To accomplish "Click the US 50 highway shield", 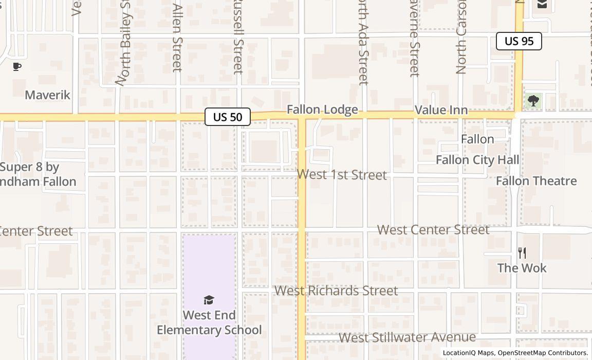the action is coord(227,117).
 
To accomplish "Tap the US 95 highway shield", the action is coord(519,41).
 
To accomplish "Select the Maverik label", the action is coord(47,95).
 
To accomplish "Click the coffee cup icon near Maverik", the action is coord(17,66).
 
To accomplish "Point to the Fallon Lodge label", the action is coord(322,110).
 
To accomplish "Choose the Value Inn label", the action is coord(441,110).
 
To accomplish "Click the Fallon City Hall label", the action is coord(477,160).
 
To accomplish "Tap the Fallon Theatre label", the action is coord(536,181).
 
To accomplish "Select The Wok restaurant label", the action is coord(522,268).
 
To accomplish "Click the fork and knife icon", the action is coord(522,253).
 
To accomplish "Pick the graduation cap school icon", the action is coord(209,300).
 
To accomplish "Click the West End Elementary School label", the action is coord(209,322).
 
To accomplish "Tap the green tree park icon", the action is coord(533,101).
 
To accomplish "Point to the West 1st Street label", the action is coord(342,175).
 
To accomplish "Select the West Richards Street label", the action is coord(336,291).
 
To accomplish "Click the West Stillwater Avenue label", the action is coord(407,337).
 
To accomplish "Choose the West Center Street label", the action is coord(433,230).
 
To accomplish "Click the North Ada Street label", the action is coord(363,44).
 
